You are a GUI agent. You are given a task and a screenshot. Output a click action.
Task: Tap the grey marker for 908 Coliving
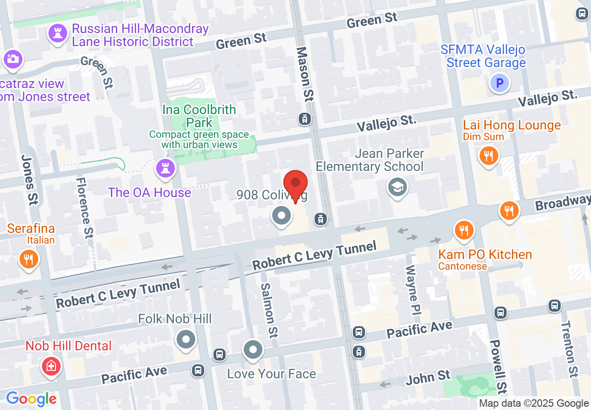282,216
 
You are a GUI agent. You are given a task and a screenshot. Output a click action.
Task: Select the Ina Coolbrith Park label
199,116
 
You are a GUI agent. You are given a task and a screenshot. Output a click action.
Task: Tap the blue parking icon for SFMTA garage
500,84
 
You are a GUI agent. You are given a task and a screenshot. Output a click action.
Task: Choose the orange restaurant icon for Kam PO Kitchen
464,230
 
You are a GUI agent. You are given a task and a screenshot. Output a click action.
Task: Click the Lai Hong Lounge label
511,125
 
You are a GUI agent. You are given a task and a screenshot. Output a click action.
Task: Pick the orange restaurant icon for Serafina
29,259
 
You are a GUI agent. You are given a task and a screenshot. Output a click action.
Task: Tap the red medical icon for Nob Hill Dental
51,366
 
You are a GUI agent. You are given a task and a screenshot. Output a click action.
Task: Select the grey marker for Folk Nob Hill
186,339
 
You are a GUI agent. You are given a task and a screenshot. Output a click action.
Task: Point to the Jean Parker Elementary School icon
397,187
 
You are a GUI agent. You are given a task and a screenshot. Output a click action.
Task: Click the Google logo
31,399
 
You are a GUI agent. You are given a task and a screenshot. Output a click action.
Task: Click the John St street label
428,377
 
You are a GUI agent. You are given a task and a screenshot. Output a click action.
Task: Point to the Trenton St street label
569,349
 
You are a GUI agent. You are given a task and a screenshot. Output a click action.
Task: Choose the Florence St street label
85,208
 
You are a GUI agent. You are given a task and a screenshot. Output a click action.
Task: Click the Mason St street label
305,74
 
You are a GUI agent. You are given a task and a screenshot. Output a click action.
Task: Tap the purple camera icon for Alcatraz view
12,59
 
